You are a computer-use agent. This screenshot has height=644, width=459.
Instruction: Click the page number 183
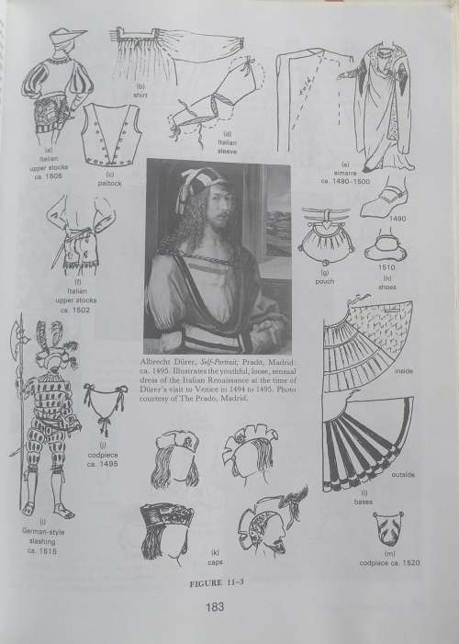tap(217, 605)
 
